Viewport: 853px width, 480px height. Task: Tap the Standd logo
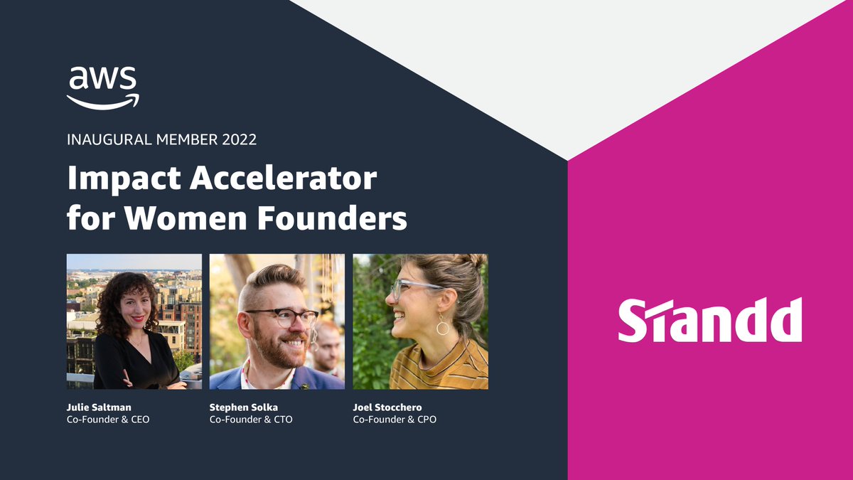point(709,320)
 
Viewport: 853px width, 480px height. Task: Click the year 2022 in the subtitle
point(239,139)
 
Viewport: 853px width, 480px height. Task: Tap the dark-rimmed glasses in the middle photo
point(282,317)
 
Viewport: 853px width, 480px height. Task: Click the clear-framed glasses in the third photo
point(415,287)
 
